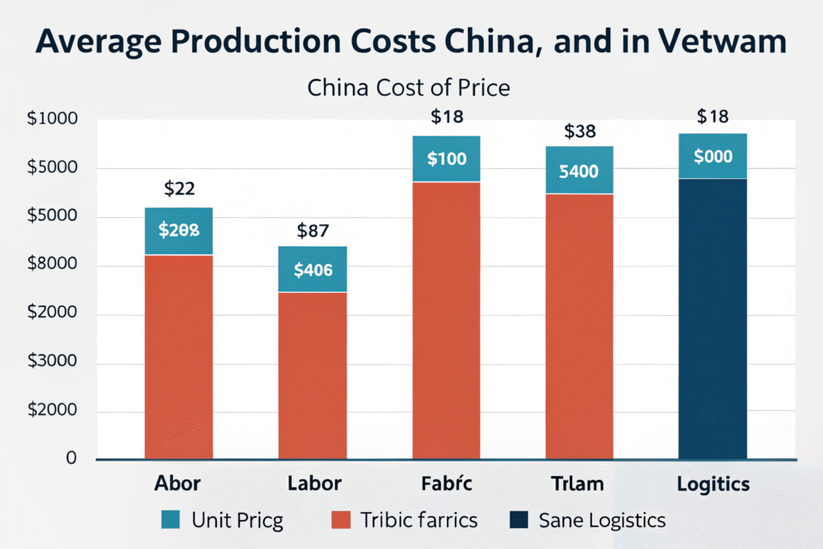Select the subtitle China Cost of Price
pos(408,87)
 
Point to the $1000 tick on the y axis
pos(52,119)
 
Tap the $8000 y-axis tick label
pos(52,265)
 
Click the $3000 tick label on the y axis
pos(52,363)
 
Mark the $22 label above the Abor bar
pos(179,189)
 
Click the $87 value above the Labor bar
pos(313,231)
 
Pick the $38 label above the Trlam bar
pos(579,131)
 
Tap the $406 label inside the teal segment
pos(313,270)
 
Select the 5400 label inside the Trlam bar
pos(579,170)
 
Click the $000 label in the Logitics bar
pos(713,157)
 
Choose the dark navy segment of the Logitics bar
pos(713,322)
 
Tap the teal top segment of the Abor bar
pos(178,231)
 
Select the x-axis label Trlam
pos(579,484)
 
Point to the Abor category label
pos(178,484)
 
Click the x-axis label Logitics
pos(714,484)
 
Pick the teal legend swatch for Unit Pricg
pos(171,520)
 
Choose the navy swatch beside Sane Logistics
pos(518,520)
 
